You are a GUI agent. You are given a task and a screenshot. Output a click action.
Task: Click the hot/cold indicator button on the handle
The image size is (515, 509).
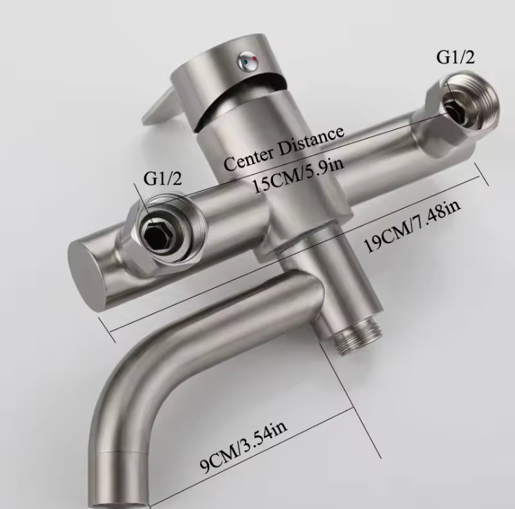click(248, 61)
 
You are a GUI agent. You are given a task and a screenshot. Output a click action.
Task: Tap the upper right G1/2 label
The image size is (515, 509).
click(455, 57)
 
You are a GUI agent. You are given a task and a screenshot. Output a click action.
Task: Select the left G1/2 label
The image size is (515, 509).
click(163, 179)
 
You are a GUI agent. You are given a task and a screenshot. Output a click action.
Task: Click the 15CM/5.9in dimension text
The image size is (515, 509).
click(298, 177)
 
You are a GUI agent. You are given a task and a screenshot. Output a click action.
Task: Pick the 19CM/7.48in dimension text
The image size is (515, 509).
click(413, 226)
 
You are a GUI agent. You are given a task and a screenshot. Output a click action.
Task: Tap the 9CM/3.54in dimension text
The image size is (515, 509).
click(243, 447)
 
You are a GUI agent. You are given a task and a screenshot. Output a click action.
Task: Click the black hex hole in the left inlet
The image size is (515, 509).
click(156, 232)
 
